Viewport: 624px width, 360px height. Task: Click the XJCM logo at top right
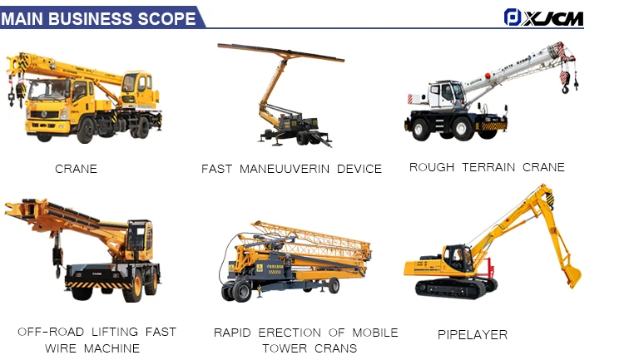coord(544,17)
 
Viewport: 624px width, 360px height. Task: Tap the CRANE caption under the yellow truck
coord(76,169)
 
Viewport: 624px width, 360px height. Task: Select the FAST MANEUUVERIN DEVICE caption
coord(291,169)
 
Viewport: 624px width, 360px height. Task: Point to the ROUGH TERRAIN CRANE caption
coord(487,167)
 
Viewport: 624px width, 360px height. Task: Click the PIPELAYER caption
coord(473,335)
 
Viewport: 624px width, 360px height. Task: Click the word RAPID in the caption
coord(233,333)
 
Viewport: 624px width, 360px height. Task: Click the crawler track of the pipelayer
coord(456,288)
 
